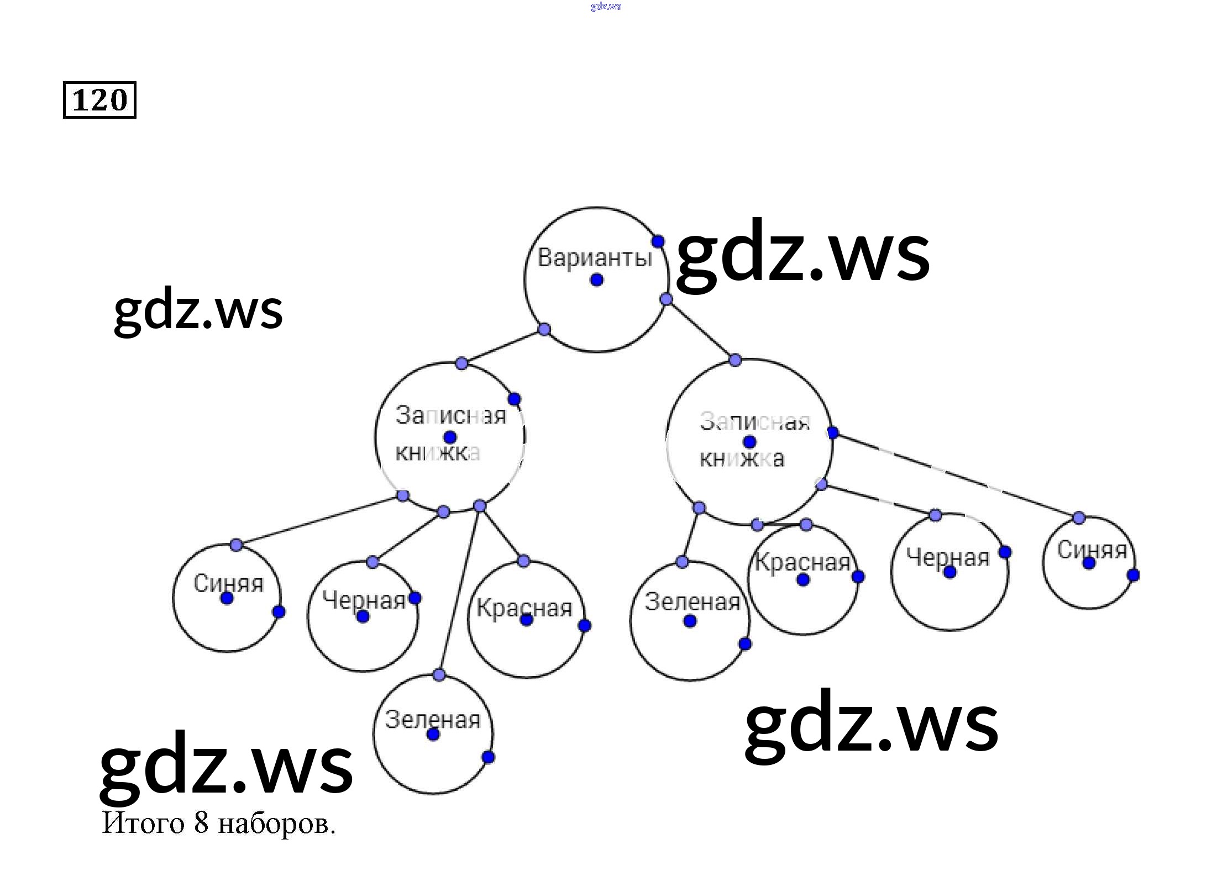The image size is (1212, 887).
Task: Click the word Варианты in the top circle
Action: [x=595, y=257]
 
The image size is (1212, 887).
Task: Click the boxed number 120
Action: [x=99, y=100]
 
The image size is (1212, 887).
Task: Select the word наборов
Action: [x=276, y=824]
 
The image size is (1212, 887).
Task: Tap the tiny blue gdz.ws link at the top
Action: [x=606, y=6]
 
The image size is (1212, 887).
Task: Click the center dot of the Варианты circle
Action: [x=596, y=280]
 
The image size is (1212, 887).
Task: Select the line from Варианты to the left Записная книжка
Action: [x=503, y=346]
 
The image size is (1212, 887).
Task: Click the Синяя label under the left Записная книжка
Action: [x=228, y=583]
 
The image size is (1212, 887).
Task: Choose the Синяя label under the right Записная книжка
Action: [x=1092, y=550]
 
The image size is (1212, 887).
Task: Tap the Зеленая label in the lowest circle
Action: [x=433, y=719]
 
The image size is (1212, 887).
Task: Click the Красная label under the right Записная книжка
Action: [x=802, y=562]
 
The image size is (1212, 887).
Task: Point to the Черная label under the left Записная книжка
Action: [x=364, y=600]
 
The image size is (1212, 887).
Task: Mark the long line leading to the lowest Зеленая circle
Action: [x=459, y=591]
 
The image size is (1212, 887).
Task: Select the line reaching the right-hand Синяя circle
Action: [x=956, y=476]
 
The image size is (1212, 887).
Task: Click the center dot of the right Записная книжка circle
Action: [x=749, y=442]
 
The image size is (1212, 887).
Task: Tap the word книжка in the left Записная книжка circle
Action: [x=437, y=453]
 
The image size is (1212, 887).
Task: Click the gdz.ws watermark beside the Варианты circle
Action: [x=802, y=255]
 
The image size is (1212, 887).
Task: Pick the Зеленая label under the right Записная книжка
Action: [x=692, y=602]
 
